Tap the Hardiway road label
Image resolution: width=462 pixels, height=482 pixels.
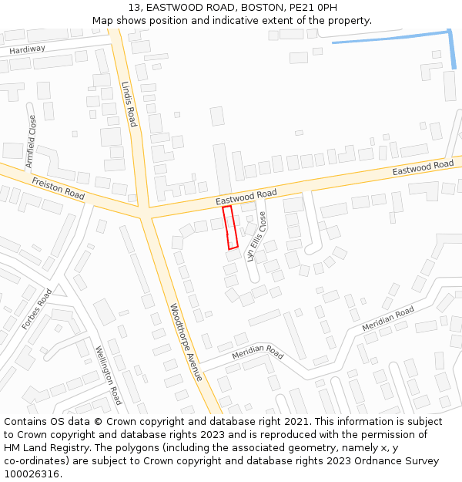(x=28, y=49)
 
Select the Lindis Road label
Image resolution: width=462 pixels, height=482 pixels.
(x=130, y=105)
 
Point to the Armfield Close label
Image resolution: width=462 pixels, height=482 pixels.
(x=32, y=142)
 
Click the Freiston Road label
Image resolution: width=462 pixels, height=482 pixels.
(x=59, y=188)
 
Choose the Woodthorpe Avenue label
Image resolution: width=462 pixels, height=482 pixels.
(x=186, y=342)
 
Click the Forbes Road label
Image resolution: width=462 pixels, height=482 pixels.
(x=37, y=309)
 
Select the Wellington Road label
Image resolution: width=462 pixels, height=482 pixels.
(x=109, y=375)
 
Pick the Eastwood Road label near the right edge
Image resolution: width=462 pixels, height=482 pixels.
(x=423, y=167)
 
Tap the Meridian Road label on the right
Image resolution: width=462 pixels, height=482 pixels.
(x=388, y=319)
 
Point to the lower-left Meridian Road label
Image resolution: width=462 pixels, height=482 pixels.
(x=257, y=352)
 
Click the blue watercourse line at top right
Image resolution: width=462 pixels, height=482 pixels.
(x=393, y=37)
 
